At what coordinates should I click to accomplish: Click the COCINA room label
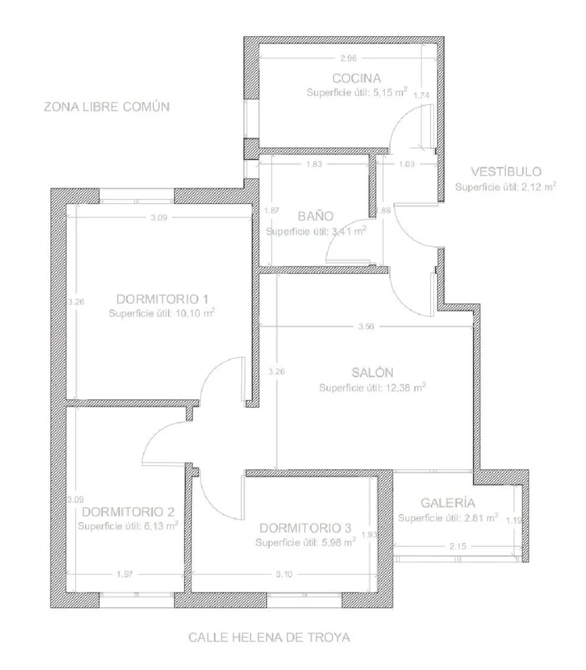pyautogui.click(x=356, y=78)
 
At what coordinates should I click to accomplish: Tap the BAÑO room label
pyautogui.click(x=316, y=216)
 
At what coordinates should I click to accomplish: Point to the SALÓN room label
pyautogui.click(x=372, y=372)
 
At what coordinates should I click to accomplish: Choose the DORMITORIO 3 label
pyautogui.click(x=305, y=528)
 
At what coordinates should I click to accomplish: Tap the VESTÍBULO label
pyautogui.click(x=506, y=171)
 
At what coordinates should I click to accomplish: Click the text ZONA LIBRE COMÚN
pyautogui.click(x=106, y=106)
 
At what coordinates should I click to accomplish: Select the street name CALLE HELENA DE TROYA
pyautogui.click(x=269, y=638)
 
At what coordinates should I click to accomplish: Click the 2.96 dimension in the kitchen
pyautogui.click(x=348, y=58)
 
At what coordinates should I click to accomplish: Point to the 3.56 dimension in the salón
pyautogui.click(x=366, y=327)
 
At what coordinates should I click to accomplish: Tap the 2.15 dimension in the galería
pyautogui.click(x=458, y=546)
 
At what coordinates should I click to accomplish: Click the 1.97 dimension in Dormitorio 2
pyautogui.click(x=125, y=574)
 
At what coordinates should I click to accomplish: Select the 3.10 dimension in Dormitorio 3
pyautogui.click(x=284, y=574)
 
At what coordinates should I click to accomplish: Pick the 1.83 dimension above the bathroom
pyautogui.click(x=314, y=164)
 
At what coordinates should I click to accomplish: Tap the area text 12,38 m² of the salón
pyautogui.click(x=406, y=387)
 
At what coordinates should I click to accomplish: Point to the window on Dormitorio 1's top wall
pyautogui.click(x=137, y=197)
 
